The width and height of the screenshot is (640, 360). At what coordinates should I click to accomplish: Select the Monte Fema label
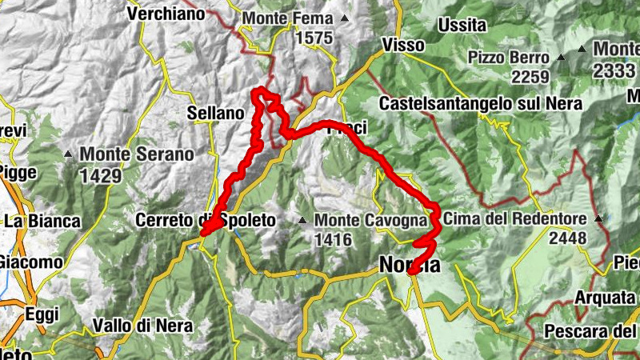click(x=287, y=18)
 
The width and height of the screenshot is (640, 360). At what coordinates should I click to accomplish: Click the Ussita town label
click(x=462, y=26)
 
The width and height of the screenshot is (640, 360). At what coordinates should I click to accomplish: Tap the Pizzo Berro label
click(x=509, y=58)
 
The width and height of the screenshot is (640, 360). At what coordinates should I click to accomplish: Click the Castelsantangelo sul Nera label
click(x=480, y=104)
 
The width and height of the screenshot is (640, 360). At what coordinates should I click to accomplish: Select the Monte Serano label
click(x=136, y=154)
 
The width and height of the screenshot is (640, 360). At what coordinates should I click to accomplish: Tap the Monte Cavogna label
click(x=361, y=219)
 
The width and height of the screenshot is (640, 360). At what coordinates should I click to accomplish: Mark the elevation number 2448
click(x=568, y=238)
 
